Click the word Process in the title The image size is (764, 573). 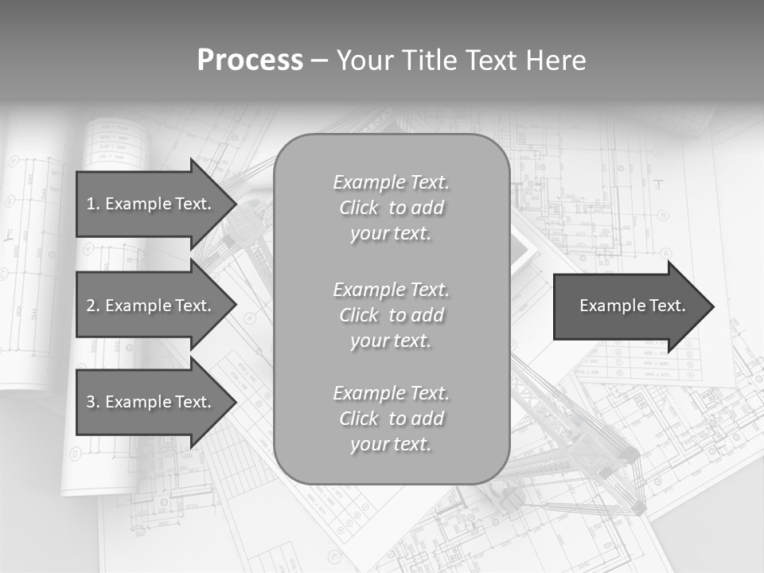pos(250,60)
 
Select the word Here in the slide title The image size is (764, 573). pos(557,60)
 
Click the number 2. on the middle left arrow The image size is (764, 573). pos(92,306)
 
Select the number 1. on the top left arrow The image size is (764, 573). pos(92,204)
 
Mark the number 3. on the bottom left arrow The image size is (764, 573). pos(92,402)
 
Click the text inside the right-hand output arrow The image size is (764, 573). pos(632,306)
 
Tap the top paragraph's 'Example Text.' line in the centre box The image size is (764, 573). pos(391,182)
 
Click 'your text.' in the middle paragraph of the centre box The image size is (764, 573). pos(391,341)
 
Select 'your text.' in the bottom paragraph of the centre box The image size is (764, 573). pos(391,444)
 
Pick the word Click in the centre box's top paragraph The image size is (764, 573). pos(359,208)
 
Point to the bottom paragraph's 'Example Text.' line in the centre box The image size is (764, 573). pos(391,393)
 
